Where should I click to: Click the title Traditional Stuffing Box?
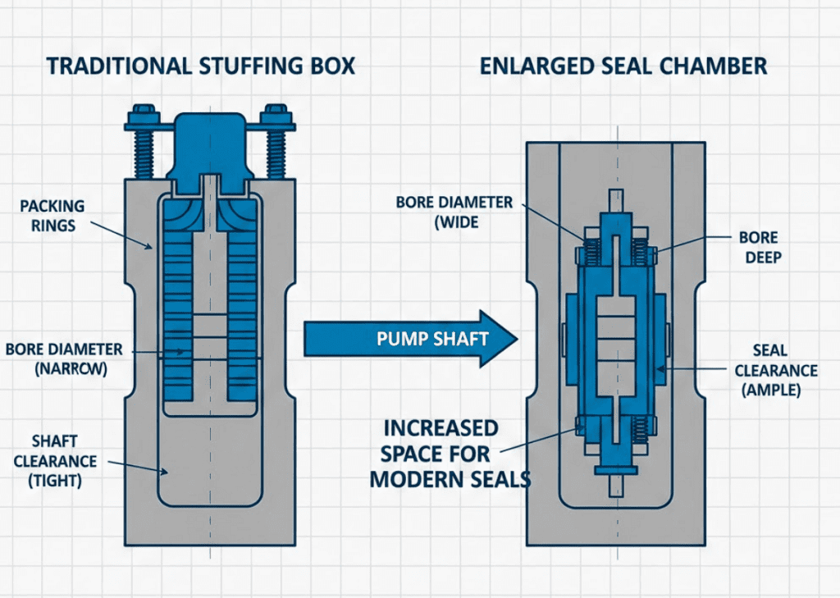tap(201, 66)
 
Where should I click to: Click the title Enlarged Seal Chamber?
tap(623, 66)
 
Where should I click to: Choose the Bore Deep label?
tap(757, 247)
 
